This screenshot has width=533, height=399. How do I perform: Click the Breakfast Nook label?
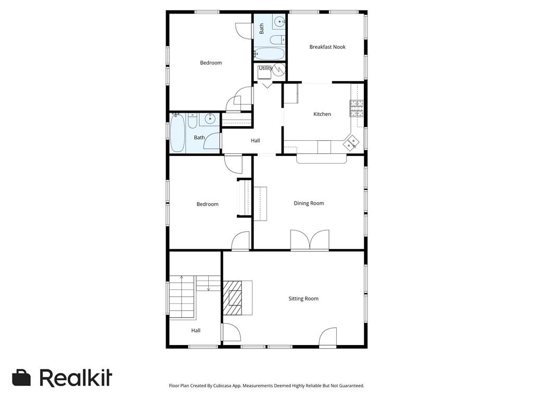[327, 47]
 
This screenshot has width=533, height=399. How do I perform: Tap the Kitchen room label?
[322, 114]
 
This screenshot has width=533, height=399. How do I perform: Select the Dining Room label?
[309, 203]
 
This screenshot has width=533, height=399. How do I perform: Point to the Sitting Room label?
[303, 299]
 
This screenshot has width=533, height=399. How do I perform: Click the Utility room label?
[265, 68]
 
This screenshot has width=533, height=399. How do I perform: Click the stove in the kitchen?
[357, 109]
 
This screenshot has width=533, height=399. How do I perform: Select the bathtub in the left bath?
[177, 133]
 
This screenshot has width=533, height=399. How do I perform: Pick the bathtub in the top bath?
[269, 54]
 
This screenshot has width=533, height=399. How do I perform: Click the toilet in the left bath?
[193, 121]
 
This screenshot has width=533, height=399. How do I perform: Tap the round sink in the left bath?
[210, 118]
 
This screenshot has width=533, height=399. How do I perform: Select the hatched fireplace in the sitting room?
[233, 298]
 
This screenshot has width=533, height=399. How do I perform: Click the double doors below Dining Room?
[310, 241]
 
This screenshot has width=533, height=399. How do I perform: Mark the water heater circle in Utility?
[279, 70]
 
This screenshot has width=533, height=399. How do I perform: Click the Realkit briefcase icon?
[21, 377]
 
